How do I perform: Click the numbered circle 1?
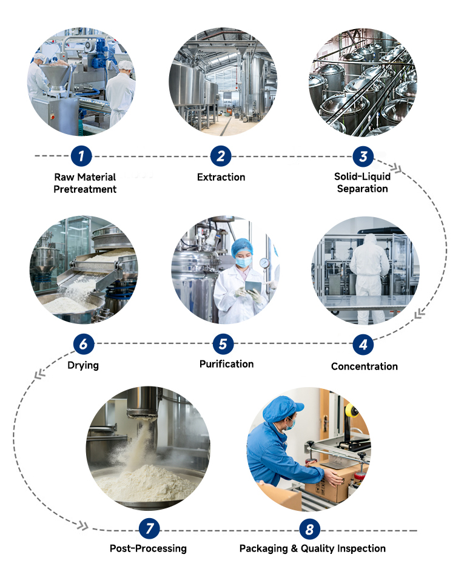tap(81, 156)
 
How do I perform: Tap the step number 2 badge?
tap(221, 156)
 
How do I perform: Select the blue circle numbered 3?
tap(363, 157)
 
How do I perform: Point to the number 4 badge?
tap(363, 345)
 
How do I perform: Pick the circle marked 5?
tap(223, 344)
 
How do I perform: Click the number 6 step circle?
tap(84, 344)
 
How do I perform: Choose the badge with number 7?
tap(149, 528)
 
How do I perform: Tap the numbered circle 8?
tap(309, 530)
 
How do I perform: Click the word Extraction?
tap(221, 177)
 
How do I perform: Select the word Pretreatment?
tap(85, 189)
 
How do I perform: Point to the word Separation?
tap(362, 189)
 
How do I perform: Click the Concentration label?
tap(365, 366)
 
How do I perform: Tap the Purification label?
tap(227, 364)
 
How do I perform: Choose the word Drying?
tap(83, 365)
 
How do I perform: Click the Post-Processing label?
tap(148, 548)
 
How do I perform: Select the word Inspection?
tap(361, 548)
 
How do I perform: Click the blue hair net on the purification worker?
tap(242, 247)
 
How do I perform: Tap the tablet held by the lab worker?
tap(253, 286)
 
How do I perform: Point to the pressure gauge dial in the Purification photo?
tap(264, 263)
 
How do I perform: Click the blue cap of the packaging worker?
tap(282, 409)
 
